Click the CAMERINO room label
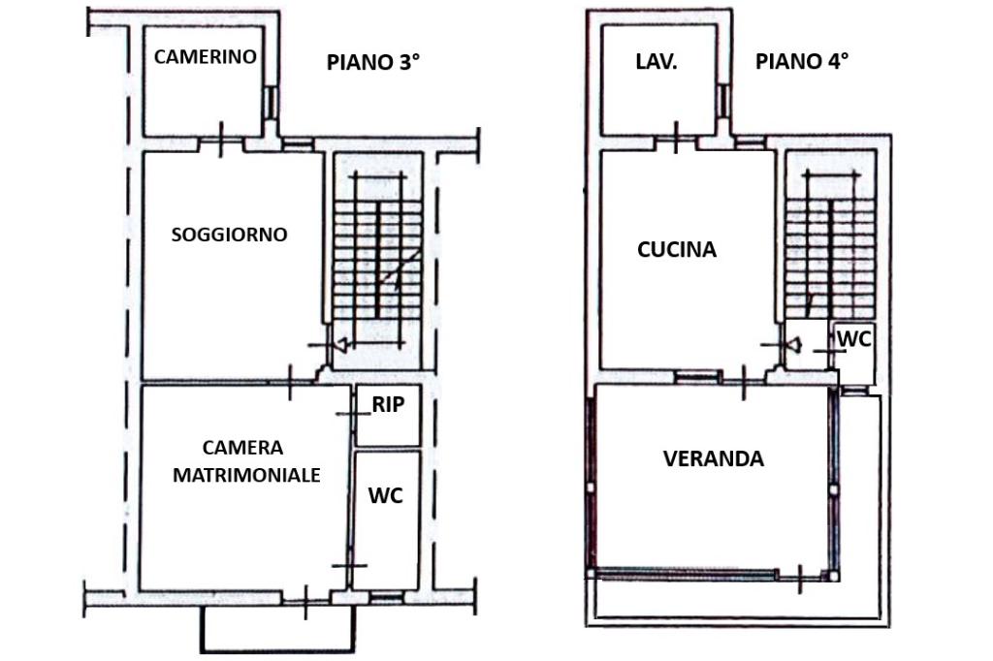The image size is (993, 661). point(205,56)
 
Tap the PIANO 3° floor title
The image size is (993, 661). point(373,63)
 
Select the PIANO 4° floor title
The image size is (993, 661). point(802,62)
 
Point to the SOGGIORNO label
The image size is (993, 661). point(229,235)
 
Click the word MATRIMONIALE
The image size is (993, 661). point(246,475)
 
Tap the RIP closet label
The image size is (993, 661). point(388,404)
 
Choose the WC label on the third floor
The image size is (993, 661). point(385,495)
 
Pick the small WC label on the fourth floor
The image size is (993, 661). point(854,339)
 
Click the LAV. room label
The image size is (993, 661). point(657,62)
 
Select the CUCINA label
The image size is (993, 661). point(677,250)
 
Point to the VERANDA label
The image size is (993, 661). point(713,458)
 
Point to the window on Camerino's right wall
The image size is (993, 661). point(271,100)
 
